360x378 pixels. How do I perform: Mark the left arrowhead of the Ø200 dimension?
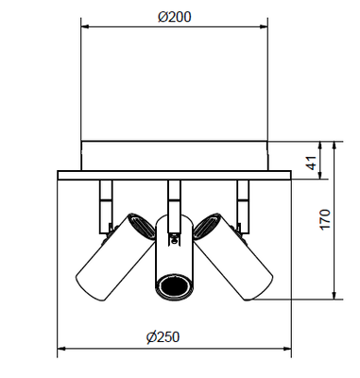click(x=86, y=28)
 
